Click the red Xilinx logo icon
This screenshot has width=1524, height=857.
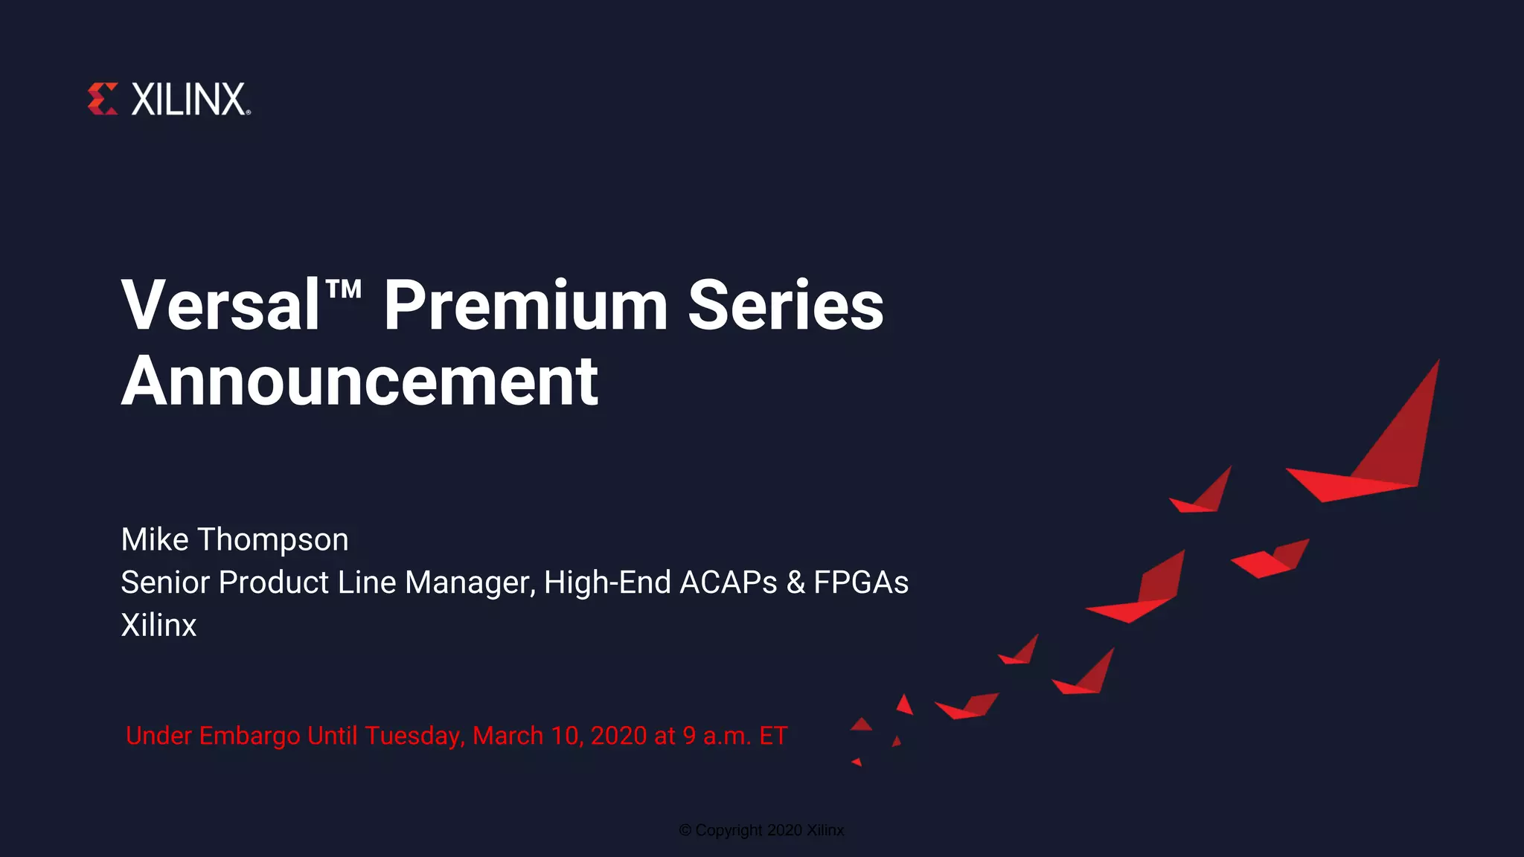coord(103,99)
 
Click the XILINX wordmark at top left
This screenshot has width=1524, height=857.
coord(189,100)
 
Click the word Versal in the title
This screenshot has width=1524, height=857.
coord(221,306)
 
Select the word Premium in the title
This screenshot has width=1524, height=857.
coord(525,306)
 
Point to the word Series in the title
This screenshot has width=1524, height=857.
coord(786,306)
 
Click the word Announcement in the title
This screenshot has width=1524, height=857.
coord(359,382)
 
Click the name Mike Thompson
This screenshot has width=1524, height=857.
coord(234,539)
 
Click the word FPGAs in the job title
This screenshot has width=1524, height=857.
coord(861,582)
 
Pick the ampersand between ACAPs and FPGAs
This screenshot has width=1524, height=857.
coord(795,582)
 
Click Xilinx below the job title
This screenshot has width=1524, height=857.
coord(159,625)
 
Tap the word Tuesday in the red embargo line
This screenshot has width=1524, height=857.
coord(415,736)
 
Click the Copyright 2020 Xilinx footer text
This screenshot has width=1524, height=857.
coord(761,830)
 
